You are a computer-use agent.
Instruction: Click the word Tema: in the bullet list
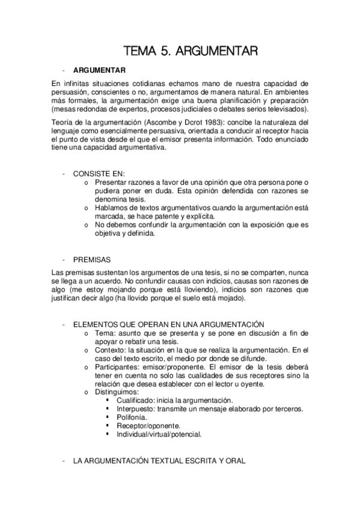[x=106, y=333]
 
